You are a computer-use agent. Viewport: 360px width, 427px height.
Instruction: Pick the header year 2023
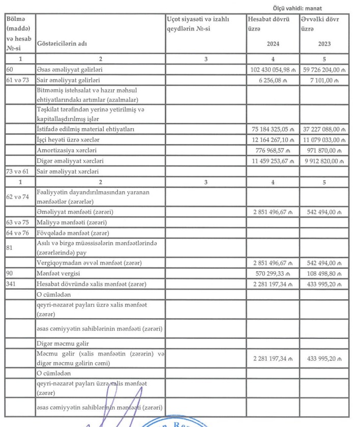coord(324,44)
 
